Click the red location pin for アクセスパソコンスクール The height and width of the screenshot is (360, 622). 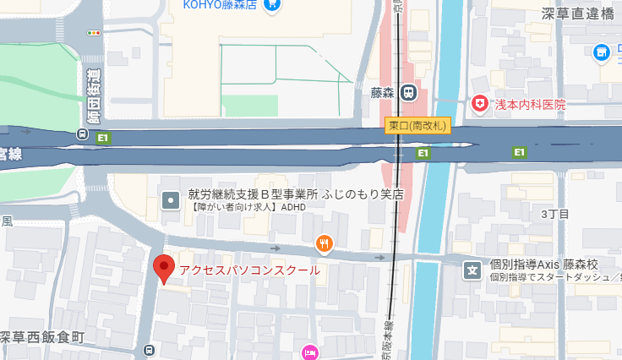164,268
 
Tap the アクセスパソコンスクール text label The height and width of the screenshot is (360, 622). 249,270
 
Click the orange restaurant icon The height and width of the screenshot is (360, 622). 324,244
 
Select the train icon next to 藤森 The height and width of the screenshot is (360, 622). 408,91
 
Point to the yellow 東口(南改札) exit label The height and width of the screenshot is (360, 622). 418,125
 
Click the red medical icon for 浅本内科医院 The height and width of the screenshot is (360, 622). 480,104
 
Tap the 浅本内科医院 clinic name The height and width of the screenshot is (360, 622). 530,105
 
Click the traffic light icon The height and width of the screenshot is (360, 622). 93,32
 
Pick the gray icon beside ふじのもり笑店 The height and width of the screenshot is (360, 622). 171,200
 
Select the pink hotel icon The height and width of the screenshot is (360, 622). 309,352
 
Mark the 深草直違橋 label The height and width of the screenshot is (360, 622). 578,13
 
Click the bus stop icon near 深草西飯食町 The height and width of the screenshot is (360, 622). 150,350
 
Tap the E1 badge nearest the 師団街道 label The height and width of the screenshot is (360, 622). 103,138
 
